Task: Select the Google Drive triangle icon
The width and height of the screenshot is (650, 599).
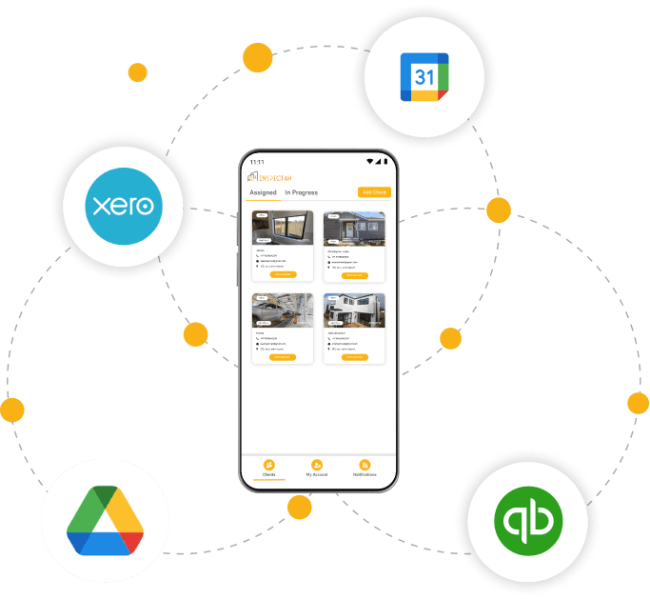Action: (x=105, y=521)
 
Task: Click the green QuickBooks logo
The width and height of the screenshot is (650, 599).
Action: (x=527, y=522)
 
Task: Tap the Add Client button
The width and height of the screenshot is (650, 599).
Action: (x=374, y=192)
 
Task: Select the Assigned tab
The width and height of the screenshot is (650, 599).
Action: (x=263, y=192)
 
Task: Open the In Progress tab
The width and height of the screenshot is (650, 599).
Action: (x=301, y=192)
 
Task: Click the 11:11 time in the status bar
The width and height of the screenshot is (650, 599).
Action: (x=257, y=162)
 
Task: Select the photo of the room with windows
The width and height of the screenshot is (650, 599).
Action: (x=283, y=229)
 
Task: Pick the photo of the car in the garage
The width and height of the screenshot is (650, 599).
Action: (x=283, y=310)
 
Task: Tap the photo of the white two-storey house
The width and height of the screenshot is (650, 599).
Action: (x=354, y=310)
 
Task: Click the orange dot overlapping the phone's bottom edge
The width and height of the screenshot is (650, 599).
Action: (x=300, y=507)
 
